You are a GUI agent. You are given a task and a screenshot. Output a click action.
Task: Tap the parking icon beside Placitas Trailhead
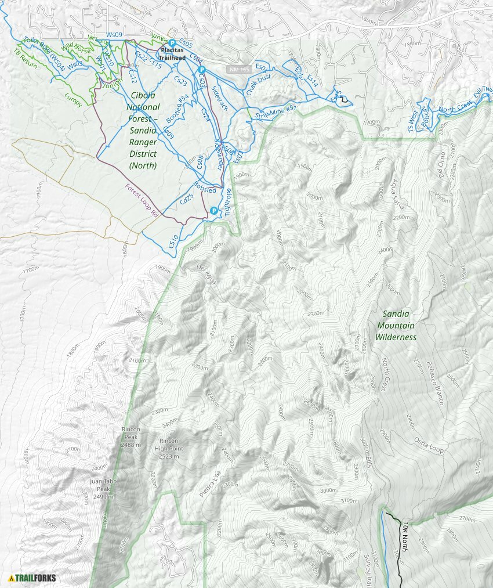coord(172,43)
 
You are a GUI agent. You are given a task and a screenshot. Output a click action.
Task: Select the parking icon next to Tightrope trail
coord(214,211)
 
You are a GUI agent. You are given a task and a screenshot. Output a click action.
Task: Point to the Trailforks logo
coord(32,578)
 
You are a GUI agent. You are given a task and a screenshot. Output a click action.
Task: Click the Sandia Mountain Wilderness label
coord(396,325)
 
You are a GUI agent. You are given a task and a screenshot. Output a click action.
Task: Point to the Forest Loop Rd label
coord(142,200)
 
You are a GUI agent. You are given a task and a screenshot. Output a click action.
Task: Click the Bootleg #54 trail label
coord(177,107)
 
